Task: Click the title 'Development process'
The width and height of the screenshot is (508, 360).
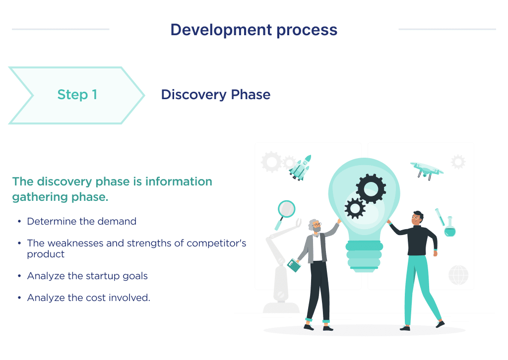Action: click(254, 30)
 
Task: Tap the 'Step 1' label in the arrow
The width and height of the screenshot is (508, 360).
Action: click(77, 95)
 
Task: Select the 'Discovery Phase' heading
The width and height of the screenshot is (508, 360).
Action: click(216, 95)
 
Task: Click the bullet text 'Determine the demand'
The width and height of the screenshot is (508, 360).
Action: click(81, 221)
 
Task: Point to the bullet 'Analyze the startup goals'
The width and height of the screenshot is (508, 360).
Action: click(87, 276)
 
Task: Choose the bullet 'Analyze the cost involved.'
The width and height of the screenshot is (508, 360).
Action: click(88, 298)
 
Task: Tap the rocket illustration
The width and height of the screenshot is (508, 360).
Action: click(300, 167)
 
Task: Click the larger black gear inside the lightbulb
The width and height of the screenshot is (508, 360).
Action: click(371, 188)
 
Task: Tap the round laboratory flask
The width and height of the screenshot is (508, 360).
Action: click(449, 229)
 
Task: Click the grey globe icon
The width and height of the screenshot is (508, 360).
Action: click(458, 275)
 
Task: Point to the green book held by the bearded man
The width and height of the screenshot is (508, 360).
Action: click(294, 265)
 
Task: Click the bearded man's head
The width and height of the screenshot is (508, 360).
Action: click(315, 226)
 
